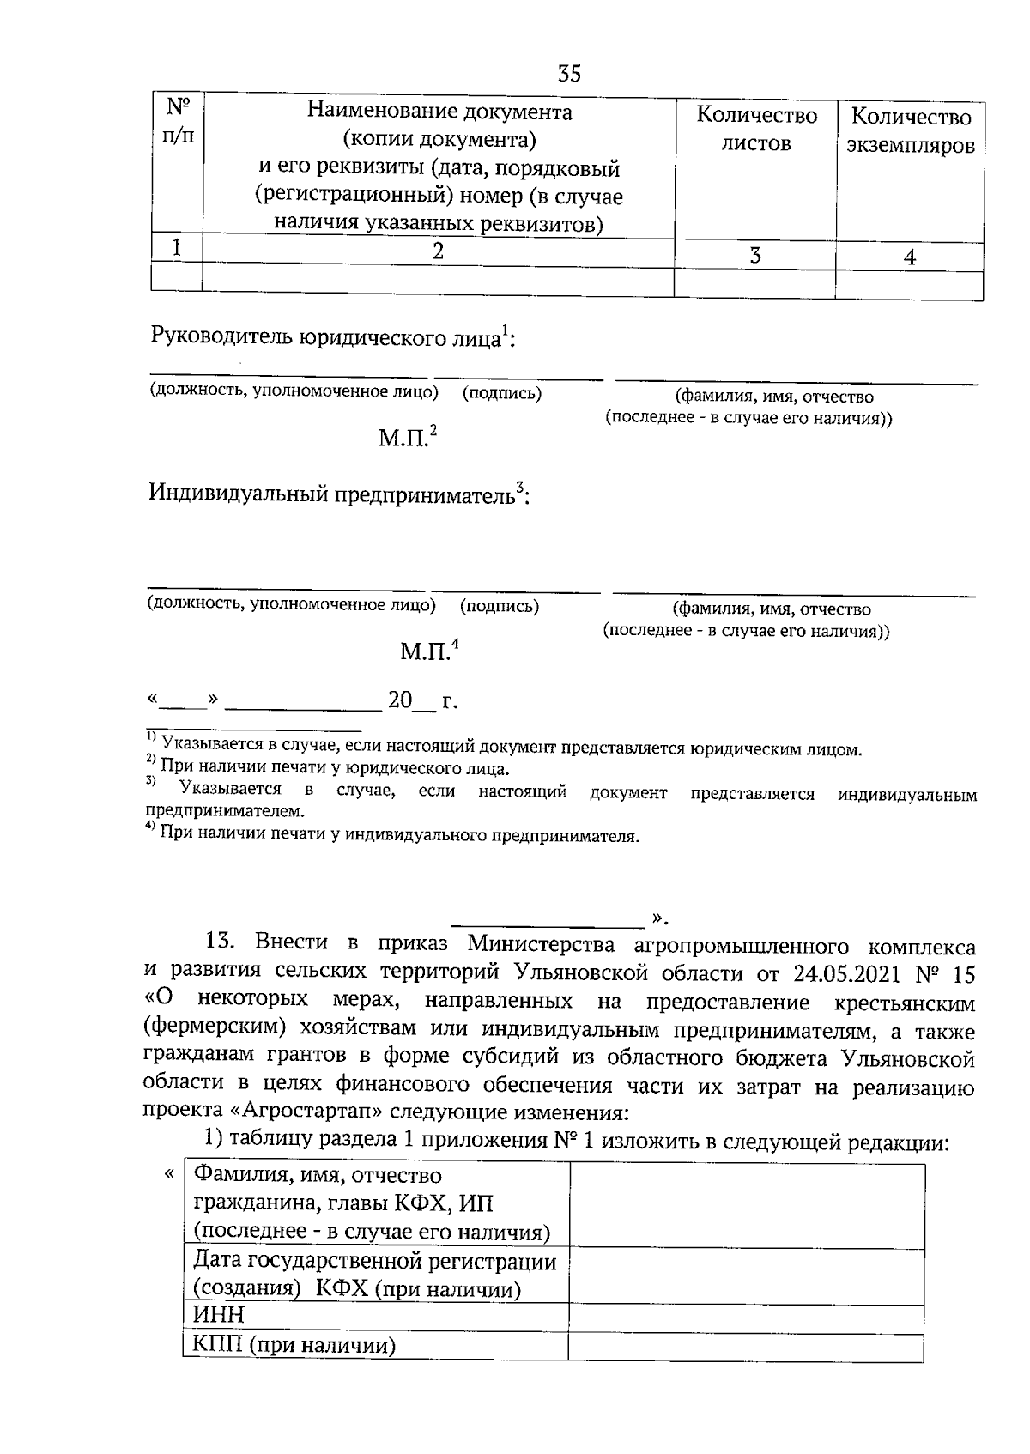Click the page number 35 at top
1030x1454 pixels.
pyautogui.click(x=569, y=74)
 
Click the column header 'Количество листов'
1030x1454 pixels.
pyautogui.click(x=755, y=130)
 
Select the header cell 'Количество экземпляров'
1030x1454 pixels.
pyautogui.click(x=911, y=131)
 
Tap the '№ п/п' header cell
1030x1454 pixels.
pyautogui.click(x=178, y=121)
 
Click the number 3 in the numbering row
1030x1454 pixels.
pyautogui.click(x=754, y=256)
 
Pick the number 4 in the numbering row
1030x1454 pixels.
pyautogui.click(x=910, y=257)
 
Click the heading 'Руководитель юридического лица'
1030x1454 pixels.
pyautogui.click(x=326, y=337)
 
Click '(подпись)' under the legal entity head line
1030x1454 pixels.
pyautogui.click(x=502, y=393)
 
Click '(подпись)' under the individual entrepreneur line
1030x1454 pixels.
pyautogui.click(x=500, y=606)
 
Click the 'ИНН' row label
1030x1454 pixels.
pyautogui.click(x=219, y=1315)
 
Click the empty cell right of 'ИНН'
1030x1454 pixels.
pyautogui.click(x=746, y=1315)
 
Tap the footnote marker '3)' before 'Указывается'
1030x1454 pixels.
pyautogui.click(x=151, y=780)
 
